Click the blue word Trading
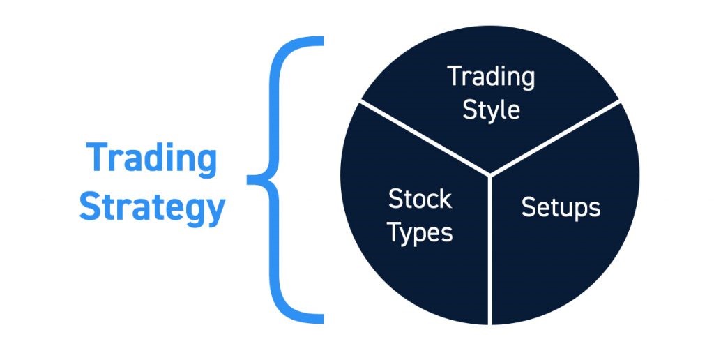151,159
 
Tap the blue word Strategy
151,207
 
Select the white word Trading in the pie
491,77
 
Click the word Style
491,110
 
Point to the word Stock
420,200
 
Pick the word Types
420,233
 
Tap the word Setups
561,207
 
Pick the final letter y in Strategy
216,211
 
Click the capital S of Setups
528,207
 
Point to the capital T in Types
394,233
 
